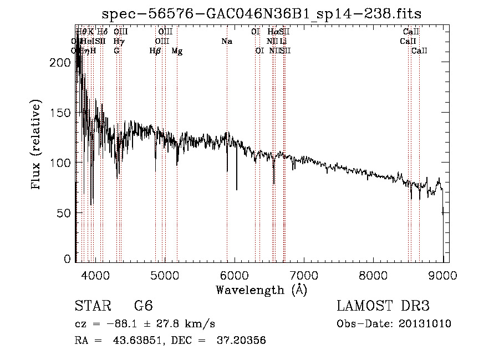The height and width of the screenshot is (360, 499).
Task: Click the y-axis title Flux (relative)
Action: (37, 145)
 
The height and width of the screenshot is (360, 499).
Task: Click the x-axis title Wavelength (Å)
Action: (261, 290)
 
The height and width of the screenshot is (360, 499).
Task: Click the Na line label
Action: (226, 42)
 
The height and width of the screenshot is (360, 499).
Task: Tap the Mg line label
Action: (177, 51)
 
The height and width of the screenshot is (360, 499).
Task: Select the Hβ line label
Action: (155, 51)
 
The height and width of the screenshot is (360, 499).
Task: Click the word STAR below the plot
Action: (93, 306)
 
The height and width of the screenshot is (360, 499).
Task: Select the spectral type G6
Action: (143, 306)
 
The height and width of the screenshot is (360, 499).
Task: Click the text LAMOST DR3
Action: (383, 306)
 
